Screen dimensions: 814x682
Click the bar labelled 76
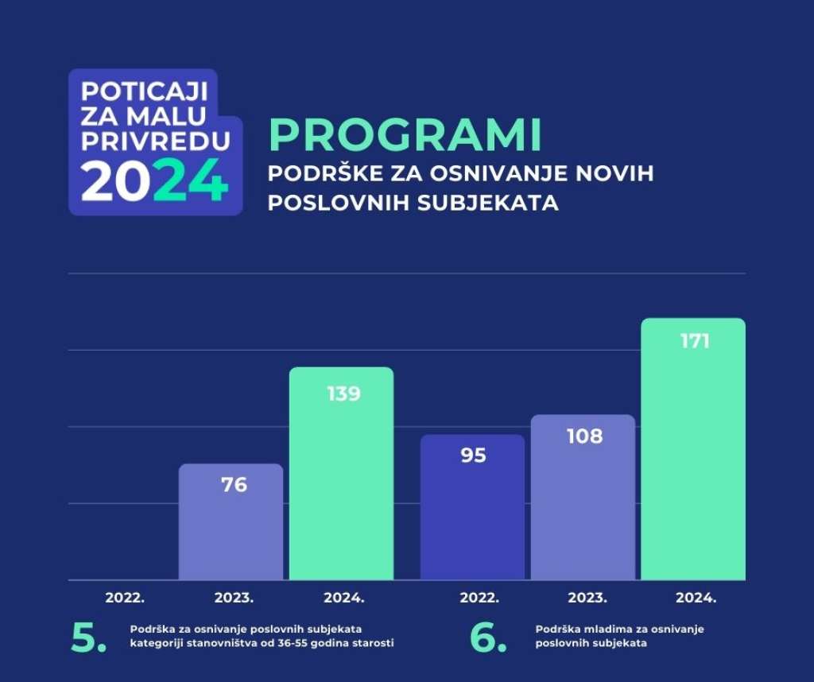pos(231,521)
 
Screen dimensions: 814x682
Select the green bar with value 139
pos(342,474)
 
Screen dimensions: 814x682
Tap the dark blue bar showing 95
pos(472,507)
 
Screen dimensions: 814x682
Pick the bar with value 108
pos(583,498)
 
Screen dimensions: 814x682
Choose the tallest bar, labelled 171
pos(693,449)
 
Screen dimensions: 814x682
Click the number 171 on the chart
pos(695,341)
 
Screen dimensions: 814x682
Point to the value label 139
pos(343,394)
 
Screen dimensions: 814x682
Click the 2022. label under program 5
pos(125,598)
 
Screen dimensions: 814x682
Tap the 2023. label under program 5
pos(235,598)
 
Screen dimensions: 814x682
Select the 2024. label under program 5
pos(344,598)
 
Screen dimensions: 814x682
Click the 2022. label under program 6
pos(479,598)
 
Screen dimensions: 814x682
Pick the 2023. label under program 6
pos(587,598)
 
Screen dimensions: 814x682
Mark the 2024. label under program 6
pos(696,598)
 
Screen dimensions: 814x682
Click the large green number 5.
pos(88,637)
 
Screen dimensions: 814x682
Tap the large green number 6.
pos(488,637)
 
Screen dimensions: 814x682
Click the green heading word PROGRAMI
pos(405,135)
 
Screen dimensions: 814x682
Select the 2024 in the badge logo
pos(155,180)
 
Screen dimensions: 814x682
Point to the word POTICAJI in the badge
pos(145,92)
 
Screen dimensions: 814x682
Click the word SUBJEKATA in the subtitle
pos(488,203)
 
